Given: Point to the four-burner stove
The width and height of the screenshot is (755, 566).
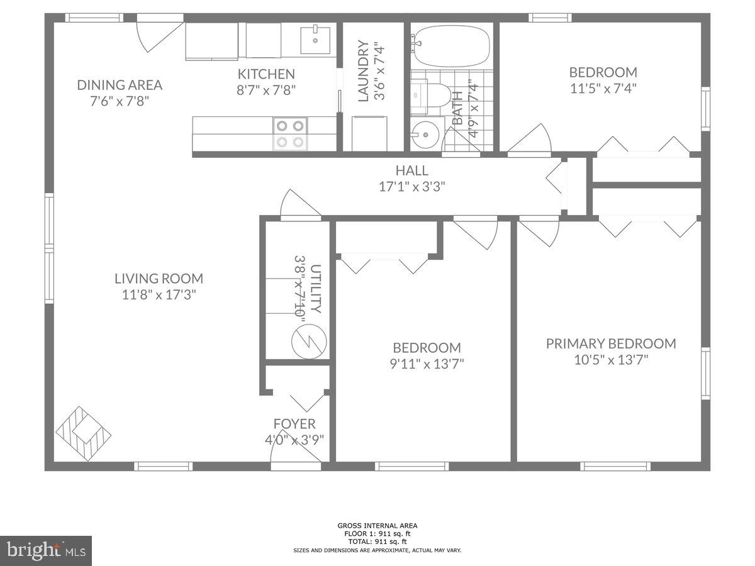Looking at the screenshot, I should click(x=290, y=133).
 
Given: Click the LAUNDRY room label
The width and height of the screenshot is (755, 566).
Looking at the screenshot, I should click(x=363, y=70).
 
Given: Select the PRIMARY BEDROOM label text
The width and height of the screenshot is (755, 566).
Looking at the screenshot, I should click(x=610, y=343).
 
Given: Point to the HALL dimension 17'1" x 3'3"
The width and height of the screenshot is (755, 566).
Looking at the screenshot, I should click(x=412, y=187).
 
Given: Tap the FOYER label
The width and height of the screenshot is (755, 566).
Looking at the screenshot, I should click(x=294, y=424).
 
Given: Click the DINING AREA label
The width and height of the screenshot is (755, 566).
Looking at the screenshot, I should click(x=120, y=85).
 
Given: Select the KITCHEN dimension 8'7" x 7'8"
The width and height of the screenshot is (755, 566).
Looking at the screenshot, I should click(x=266, y=90).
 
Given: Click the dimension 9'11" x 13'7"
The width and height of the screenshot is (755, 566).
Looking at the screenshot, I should click(x=427, y=363).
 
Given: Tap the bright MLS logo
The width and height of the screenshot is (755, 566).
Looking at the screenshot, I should click(x=46, y=550).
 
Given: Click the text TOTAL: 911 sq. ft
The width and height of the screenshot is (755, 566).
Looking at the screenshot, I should click(x=377, y=541).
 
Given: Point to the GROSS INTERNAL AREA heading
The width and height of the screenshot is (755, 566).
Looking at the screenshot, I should click(x=377, y=526).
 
